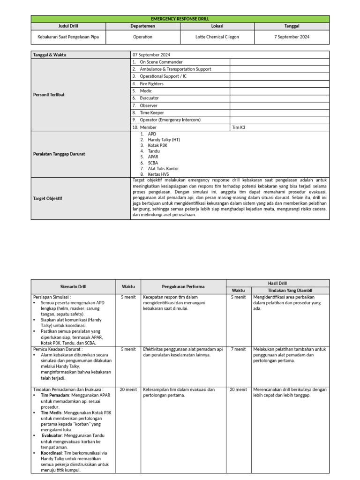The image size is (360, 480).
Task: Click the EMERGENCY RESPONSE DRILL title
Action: tap(180, 19)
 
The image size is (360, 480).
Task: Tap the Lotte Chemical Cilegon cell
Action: tap(217, 37)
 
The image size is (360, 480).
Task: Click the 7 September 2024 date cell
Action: tap(292, 37)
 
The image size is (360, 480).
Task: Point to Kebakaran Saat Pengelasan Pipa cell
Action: tap(68, 37)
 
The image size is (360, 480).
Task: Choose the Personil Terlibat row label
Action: tap(49, 94)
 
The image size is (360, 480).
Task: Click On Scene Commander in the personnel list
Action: tap(161, 62)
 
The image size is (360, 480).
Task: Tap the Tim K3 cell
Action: tap(239, 127)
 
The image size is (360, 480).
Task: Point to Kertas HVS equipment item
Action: tap(158, 174)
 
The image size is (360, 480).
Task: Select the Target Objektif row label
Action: tap(47, 198)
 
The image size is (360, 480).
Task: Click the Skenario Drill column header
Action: tap(73, 286)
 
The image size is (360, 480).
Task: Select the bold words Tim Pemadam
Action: tap(52, 396)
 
